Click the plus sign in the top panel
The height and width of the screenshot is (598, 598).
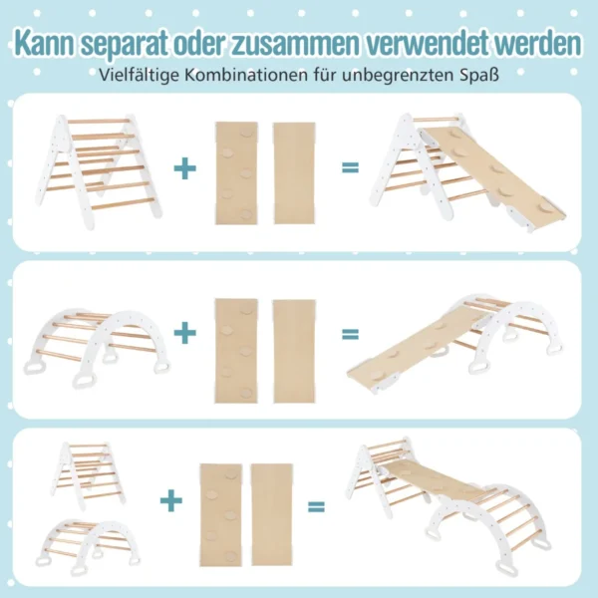[184, 167]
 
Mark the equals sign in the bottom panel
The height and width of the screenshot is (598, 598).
[316, 506]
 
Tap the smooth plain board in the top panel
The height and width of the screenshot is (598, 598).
[293, 171]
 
